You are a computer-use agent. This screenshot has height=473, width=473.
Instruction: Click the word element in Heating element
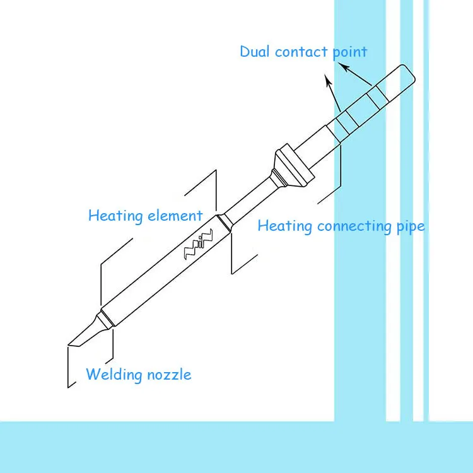175,216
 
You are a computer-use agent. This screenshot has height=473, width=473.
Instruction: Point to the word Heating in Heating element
115,216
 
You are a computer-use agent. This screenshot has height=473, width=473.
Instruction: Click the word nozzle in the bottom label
168,375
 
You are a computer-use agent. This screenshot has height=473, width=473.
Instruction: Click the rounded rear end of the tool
409,74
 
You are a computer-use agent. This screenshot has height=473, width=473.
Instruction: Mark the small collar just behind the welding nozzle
105,318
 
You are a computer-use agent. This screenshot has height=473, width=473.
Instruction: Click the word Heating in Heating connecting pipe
285,226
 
